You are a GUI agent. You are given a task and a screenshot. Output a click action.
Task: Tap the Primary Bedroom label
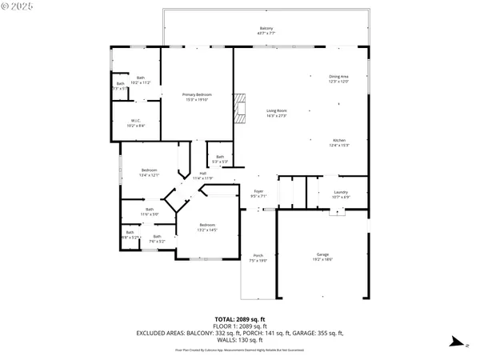pos(196,97)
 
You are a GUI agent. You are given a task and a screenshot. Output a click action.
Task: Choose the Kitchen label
pos(339,141)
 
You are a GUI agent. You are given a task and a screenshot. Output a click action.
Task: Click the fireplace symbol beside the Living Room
pos(238,107)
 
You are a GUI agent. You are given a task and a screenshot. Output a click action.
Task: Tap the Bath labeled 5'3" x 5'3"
pos(220,158)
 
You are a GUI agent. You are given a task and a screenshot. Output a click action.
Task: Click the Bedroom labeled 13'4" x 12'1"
pos(150,172)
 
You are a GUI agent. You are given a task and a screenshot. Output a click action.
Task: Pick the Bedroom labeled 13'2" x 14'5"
pos(207,227)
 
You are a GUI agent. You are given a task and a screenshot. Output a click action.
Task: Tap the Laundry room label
pos(339,194)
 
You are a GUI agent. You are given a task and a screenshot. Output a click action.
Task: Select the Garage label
pos(322,256)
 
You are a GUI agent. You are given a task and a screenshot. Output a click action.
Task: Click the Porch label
pos(258,258)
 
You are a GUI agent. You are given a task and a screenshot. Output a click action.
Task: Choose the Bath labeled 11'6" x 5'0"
pos(150,212)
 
